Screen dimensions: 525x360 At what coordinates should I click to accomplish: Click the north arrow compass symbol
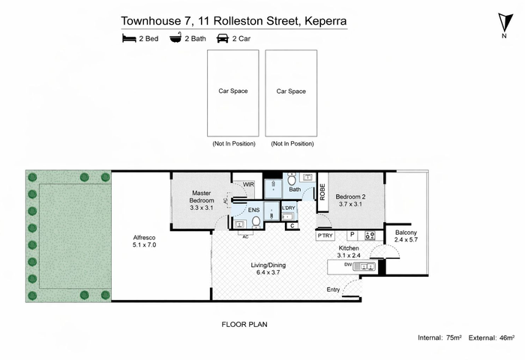pyautogui.click(x=505, y=23)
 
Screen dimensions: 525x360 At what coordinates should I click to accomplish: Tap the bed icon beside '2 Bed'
pyautogui.click(x=129, y=38)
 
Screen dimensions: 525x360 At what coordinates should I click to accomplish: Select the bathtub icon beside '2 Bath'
pyautogui.click(x=175, y=37)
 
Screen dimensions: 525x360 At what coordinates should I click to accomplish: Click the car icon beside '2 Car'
pyautogui.click(x=223, y=38)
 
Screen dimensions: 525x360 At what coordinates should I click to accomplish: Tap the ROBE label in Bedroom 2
pyautogui.click(x=322, y=192)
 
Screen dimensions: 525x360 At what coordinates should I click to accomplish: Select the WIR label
pyautogui.click(x=248, y=184)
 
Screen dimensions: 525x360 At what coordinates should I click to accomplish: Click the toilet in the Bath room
pyautogui.click(x=291, y=179)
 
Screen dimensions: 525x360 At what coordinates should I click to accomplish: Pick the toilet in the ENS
pyautogui.click(x=256, y=222)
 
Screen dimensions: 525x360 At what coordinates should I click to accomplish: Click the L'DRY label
pyautogui.click(x=289, y=208)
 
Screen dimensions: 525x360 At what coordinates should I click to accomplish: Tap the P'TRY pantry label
pyautogui.click(x=325, y=235)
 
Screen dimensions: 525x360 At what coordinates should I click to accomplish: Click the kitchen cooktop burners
pyautogui.click(x=370, y=235)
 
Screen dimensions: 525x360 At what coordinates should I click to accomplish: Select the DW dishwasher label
pyautogui.click(x=347, y=265)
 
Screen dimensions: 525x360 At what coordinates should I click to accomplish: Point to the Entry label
pyautogui.click(x=333, y=289)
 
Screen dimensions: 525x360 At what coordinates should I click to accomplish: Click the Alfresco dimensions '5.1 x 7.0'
pyautogui.click(x=144, y=244)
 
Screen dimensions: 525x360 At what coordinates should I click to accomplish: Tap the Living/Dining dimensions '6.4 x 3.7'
pyautogui.click(x=268, y=272)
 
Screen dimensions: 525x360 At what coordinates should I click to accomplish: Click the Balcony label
pyautogui.click(x=406, y=232)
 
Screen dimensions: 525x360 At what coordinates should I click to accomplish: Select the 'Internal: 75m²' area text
pyautogui.click(x=439, y=337)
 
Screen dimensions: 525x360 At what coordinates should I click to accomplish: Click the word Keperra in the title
pyautogui.click(x=325, y=21)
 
